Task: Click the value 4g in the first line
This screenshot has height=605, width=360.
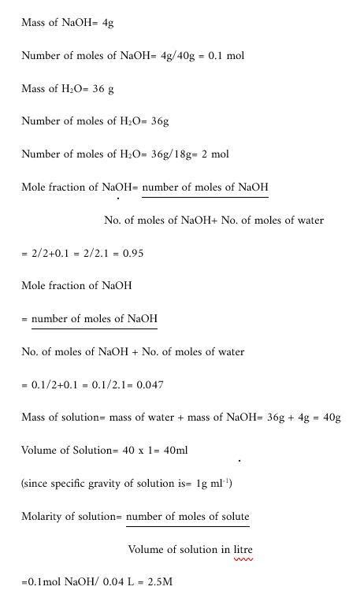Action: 109,23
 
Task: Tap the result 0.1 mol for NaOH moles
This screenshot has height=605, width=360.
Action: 226,56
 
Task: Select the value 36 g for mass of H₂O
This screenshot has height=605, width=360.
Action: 103,89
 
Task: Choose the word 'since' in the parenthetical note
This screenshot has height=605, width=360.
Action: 35,483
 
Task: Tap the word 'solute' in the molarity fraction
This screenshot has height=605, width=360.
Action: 232,517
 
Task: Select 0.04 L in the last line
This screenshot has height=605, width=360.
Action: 119,582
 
